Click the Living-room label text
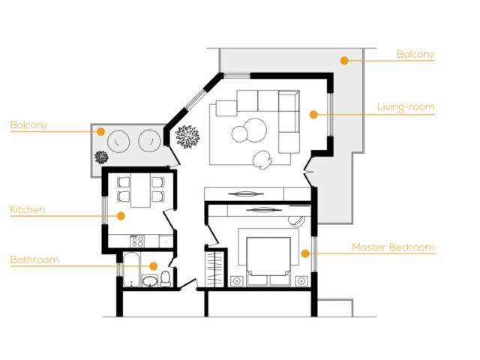pos(406,107)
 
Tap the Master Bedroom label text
pos(393,247)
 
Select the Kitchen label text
pos(28,210)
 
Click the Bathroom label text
pos(34,260)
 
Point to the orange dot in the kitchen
pos(121,216)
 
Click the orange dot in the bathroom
pos(153,265)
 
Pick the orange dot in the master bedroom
pos(305,253)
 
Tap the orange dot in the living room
pos(313,115)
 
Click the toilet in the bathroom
pos(166,278)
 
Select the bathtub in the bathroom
pos(132,269)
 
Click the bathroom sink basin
pos(150,281)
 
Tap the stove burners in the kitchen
pos(137,241)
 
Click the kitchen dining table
pos(141,190)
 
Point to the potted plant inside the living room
pos(187,136)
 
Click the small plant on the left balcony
pos(101,157)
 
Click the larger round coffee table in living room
pos(256,130)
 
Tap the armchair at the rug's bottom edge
pos(262,159)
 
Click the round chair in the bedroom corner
pos(296,220)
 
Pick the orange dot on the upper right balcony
pos(344,61)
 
